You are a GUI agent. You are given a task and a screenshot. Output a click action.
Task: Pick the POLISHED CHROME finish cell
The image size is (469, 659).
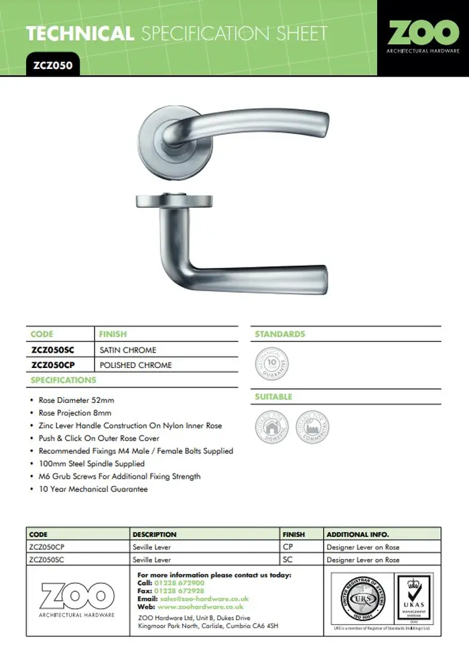click(135, 365)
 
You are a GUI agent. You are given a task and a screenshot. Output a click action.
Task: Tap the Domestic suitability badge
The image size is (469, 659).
click(272, 427)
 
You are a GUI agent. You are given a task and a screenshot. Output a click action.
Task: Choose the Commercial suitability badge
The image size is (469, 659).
click(312, 427)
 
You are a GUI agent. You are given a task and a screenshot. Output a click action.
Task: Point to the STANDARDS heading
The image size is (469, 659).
click(279, 334)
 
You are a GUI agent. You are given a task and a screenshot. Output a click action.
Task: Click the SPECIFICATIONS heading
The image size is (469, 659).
click(64, 380)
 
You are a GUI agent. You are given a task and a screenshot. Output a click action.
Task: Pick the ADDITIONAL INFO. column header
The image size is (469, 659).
click(357, 534)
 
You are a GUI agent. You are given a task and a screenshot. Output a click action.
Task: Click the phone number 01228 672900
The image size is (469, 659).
click(180, 583)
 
